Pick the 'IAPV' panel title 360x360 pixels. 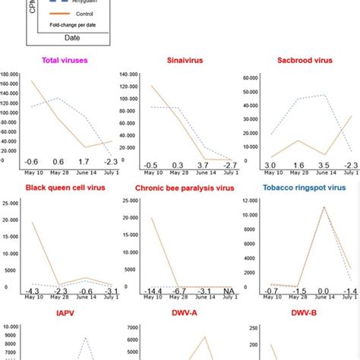coord(61,311)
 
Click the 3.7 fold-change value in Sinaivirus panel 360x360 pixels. coord(203,165)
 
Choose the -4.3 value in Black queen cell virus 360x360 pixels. coord(31,291)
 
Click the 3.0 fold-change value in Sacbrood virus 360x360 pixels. coord(270,165)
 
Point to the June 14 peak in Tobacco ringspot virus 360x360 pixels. coord(324,207)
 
